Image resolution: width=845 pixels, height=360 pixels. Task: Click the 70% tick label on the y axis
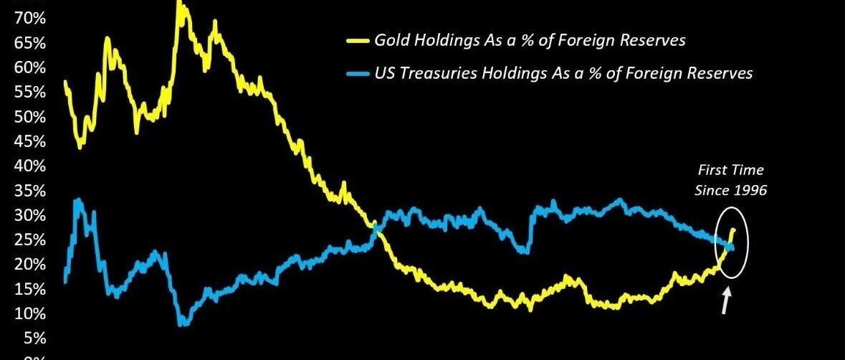coord(29,19)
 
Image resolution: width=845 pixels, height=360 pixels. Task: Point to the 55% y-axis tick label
coord(29,93)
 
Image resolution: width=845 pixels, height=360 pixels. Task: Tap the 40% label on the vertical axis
coord(29,166)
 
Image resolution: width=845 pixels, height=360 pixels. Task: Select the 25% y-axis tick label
coord(29,240)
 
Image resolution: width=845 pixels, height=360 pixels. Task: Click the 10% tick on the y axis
coord(29,313)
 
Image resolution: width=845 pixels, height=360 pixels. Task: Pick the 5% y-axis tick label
coord(34,338)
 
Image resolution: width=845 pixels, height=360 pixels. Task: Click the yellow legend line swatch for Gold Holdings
coord(358,40)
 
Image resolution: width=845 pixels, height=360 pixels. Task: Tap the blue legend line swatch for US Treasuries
coord(358,73)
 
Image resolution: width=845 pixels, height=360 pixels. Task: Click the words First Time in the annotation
coord(731,170)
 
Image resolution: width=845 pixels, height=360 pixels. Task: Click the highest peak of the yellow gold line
coord(179,3)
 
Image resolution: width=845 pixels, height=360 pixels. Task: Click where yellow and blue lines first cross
coord(376,227)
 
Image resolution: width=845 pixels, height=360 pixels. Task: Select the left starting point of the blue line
coord(65,280)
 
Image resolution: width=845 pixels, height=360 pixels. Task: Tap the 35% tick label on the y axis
coord(29,191)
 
